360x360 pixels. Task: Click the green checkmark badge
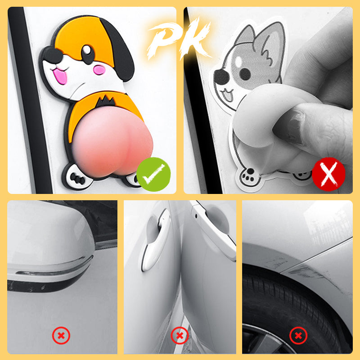[x=153, y=175]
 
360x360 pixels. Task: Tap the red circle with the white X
[x=328, y=174]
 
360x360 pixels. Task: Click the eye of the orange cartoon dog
[x=88, y=54]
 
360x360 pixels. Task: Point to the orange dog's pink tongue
[x=60, y=76]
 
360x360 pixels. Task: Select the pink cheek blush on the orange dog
[x=99, y=70]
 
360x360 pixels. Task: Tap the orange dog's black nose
[x=52, y=55]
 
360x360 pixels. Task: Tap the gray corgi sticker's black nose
[x=221, y=77]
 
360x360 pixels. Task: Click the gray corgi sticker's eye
[x=245, y=74]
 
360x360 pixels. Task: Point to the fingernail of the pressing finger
[x=290, y=125]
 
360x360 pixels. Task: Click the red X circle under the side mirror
[x=61, y=335]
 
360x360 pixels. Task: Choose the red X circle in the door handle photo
[x=180, y=335]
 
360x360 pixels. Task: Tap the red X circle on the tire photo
[x=298, y=335]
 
